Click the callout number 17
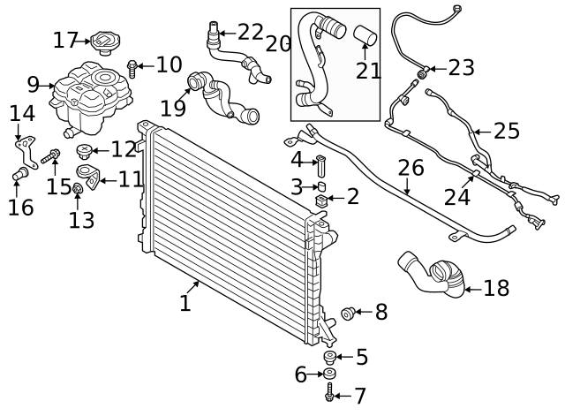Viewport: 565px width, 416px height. click(x=65, y=40)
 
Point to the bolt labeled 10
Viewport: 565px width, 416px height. click(x=132, y=65)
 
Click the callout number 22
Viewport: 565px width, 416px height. click(x=251, y=33)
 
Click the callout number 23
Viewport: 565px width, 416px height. click(x=461, y=67)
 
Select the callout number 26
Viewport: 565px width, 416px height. click(x=411, y=167)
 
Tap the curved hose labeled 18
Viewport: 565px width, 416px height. click(x=430, y=272)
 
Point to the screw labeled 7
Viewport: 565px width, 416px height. click(x=330, y=396)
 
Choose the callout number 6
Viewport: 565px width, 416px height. click(x=300, y=374)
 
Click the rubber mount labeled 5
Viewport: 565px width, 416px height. click(x=330, y=358)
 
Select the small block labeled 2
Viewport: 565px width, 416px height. click(x=321, y=205)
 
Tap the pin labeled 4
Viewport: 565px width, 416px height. click(x=320, y=163)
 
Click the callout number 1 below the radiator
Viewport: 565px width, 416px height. click(x=185, y=304)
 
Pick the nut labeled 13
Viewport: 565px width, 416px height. click(x=77, y=188)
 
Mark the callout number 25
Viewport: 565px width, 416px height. click(x=507, y=132)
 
